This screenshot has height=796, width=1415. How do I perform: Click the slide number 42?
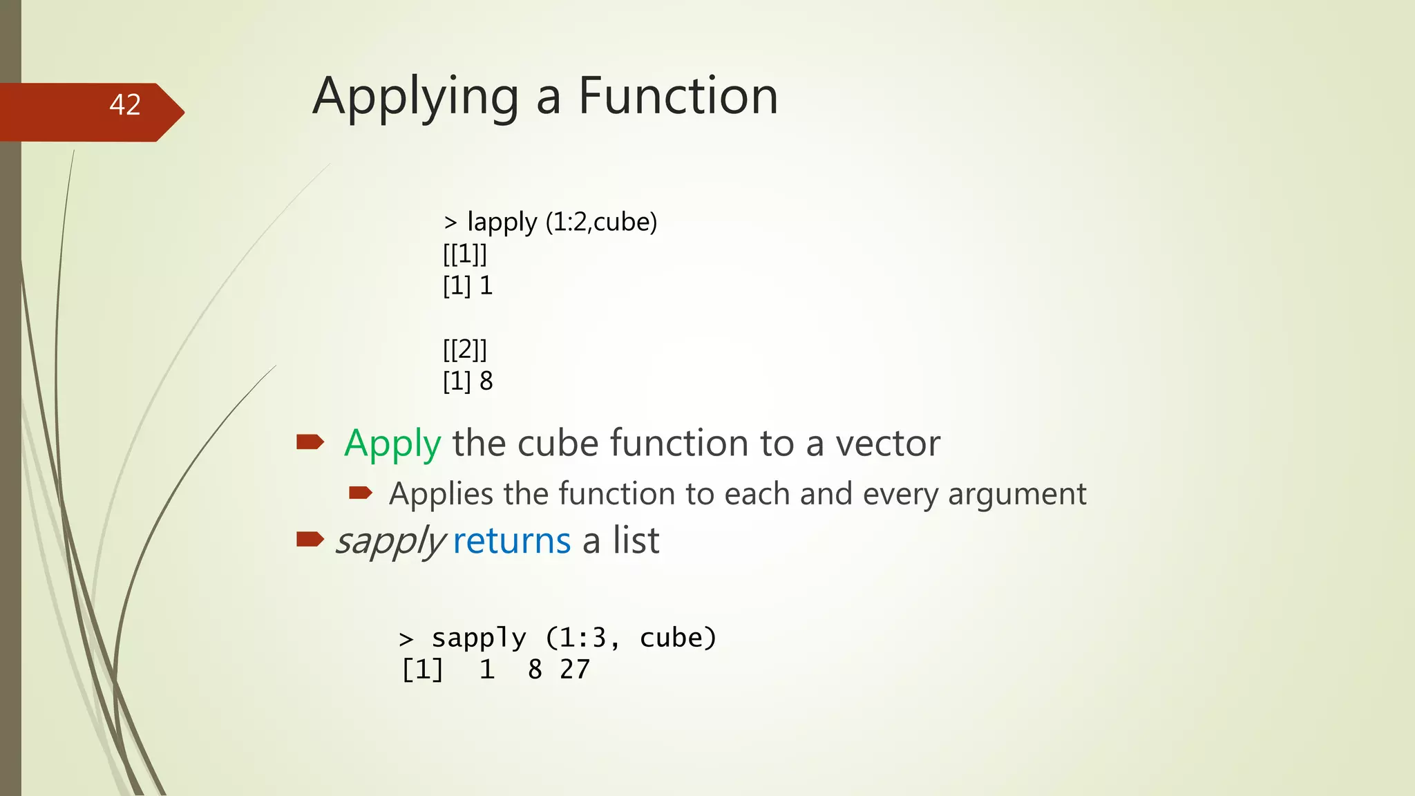125,105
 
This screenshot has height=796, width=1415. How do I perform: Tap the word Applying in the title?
415,98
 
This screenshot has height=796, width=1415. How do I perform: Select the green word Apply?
392,444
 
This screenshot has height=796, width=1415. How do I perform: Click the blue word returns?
511,540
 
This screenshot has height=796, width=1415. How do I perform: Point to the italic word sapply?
390,542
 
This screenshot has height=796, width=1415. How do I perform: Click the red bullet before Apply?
310,442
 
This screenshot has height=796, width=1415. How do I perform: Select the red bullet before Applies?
361,493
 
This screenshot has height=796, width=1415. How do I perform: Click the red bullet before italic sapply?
310,539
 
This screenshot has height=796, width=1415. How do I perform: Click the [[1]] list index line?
465,254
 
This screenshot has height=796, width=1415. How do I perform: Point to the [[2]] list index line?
465,349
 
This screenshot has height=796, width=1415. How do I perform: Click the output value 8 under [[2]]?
486,381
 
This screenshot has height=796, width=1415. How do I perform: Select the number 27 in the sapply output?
575,670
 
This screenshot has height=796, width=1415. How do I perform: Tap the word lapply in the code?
502,222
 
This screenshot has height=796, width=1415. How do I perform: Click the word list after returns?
636,540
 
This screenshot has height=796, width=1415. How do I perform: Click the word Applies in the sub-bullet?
441,495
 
